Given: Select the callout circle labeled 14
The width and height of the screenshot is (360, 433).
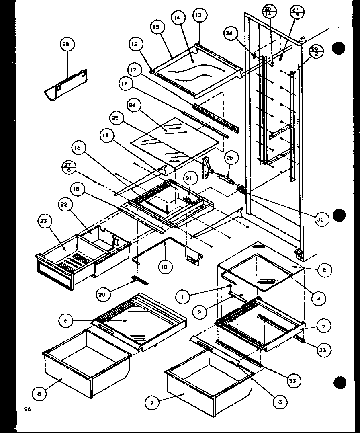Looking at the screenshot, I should click(x=177, y=18).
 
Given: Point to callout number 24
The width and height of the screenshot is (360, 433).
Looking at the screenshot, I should click(x=132, y=106).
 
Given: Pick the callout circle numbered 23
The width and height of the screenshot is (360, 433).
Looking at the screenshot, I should click(x=44, y=221).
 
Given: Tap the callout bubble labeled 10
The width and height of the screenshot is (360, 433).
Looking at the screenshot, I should click(x=165, y=267).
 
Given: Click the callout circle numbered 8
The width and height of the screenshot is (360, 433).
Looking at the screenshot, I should click(x=39, y=394).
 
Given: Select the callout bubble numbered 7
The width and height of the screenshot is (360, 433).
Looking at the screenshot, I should click(x=152, y=403).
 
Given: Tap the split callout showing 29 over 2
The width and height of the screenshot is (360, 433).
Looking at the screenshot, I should click(x=315, y=52).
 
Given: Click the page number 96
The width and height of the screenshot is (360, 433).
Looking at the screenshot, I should click(x=27, y=409).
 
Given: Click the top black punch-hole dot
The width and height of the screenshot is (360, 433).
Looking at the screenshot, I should click(x=339, y=48).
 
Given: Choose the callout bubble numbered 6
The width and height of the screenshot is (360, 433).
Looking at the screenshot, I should click(x=65, y=320).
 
